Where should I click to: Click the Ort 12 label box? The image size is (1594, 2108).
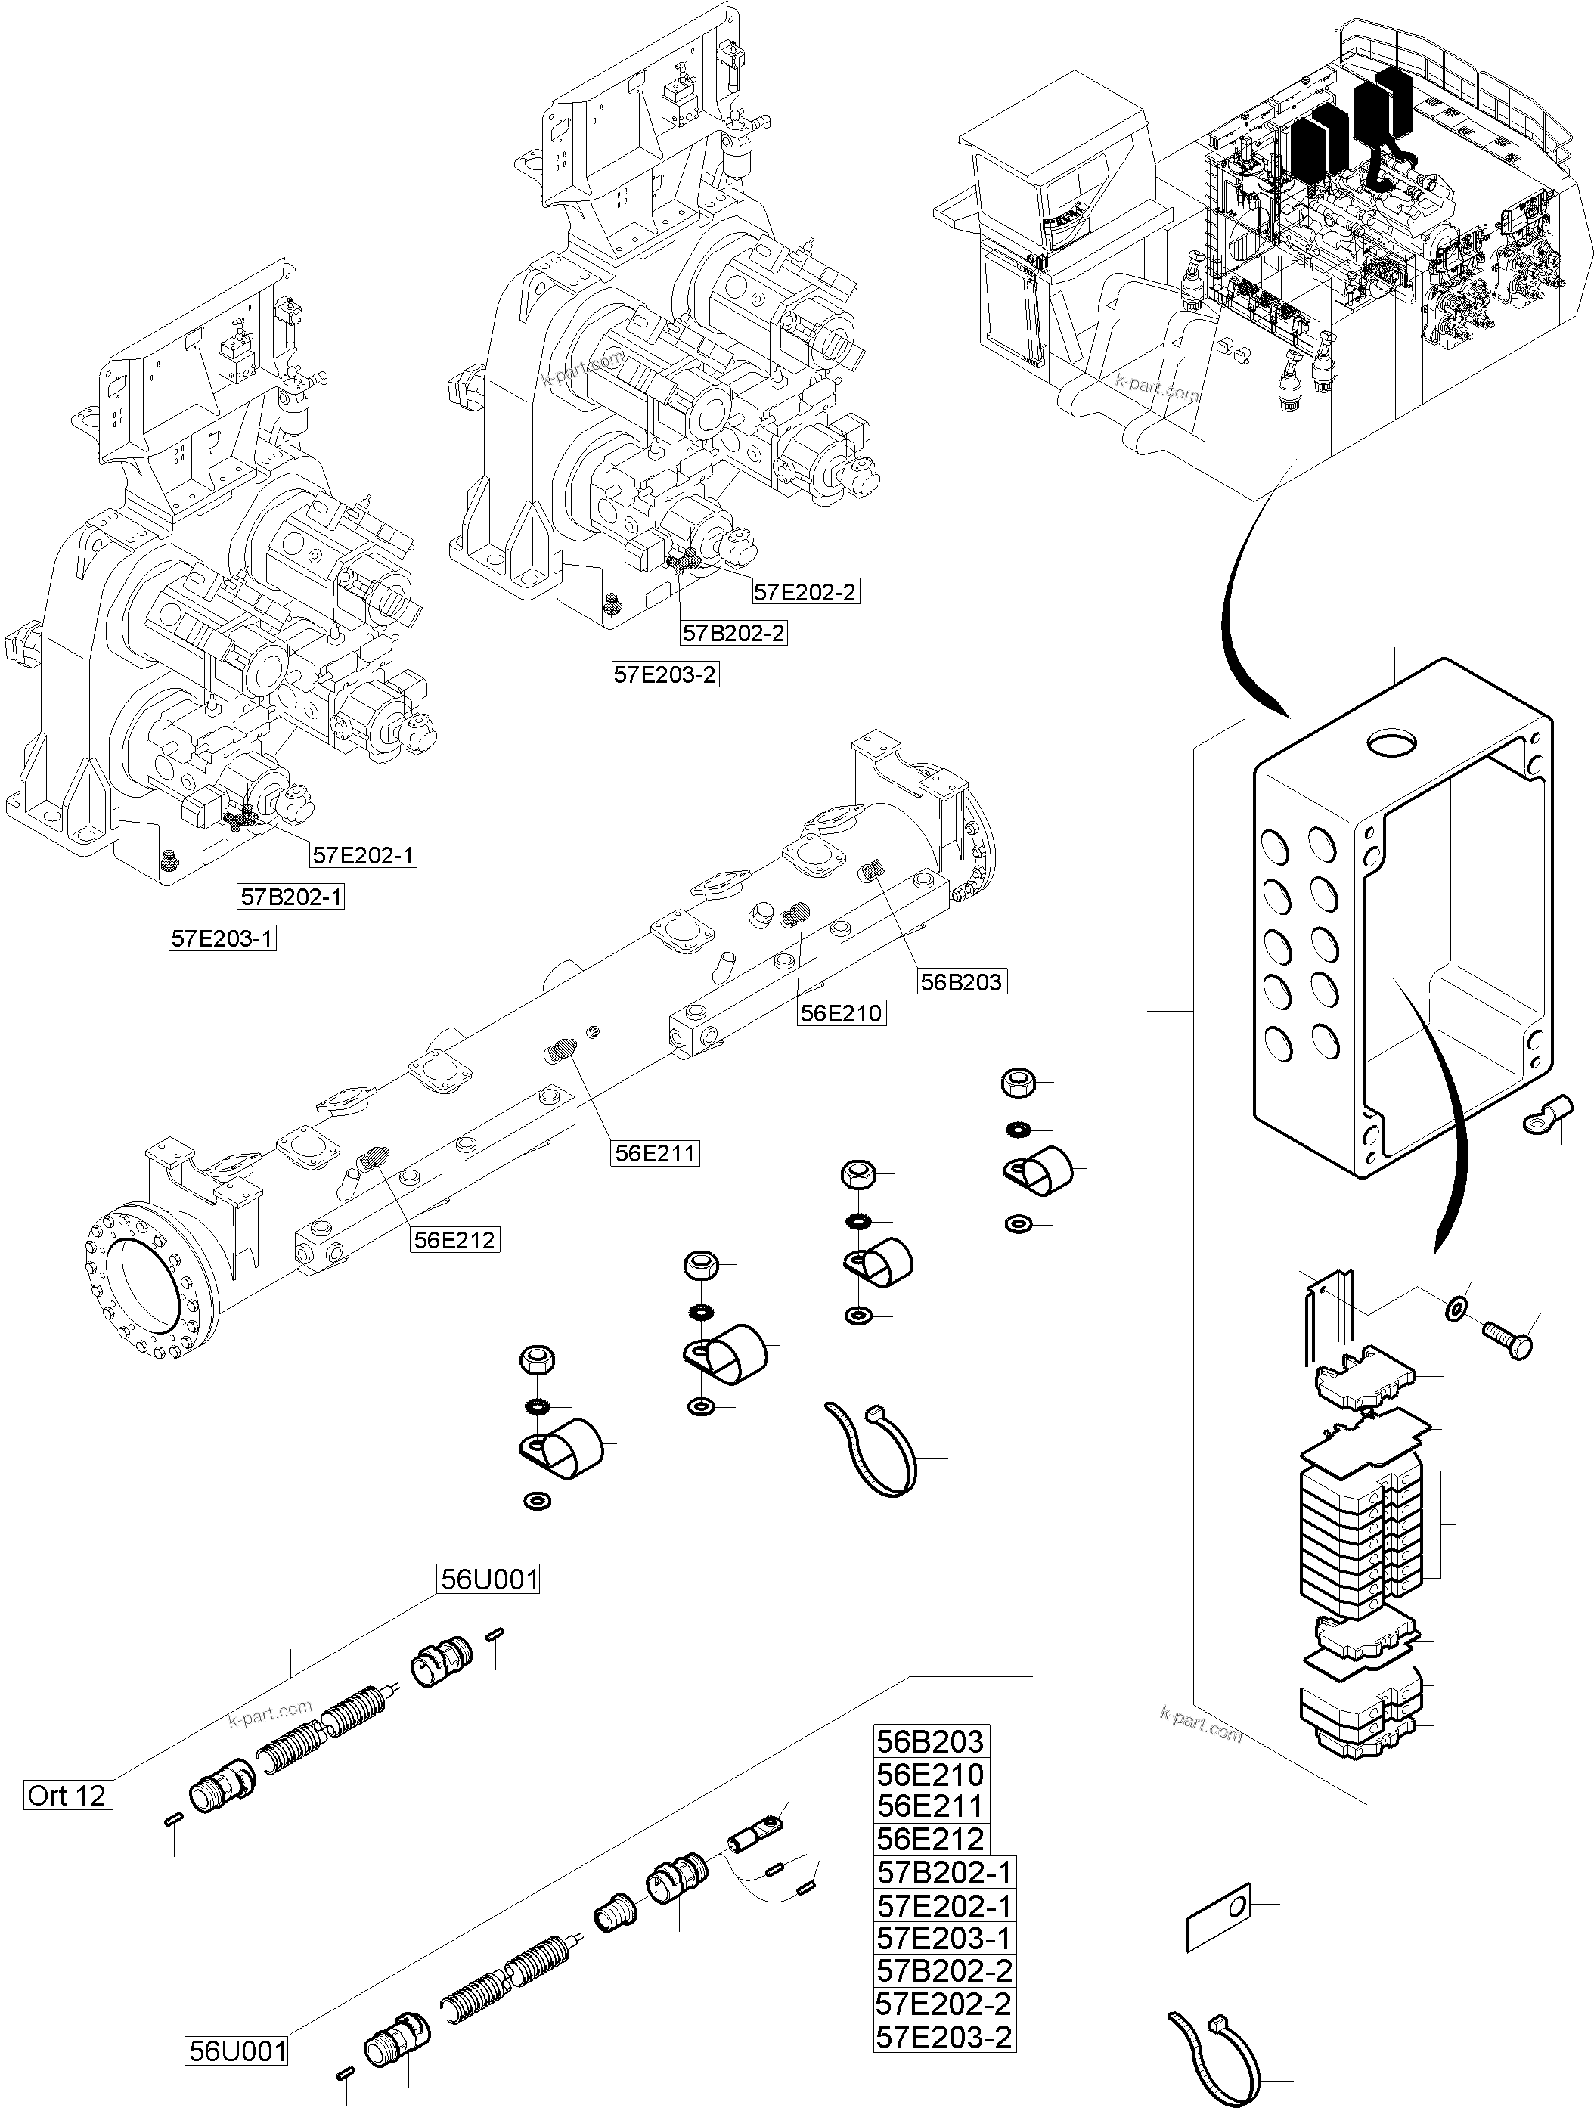67,1796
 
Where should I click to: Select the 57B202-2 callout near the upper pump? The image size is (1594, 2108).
733,633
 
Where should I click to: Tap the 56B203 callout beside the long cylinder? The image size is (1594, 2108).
962,981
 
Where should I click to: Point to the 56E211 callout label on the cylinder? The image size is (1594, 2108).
656,1153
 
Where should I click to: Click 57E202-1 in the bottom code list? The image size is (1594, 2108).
944,1906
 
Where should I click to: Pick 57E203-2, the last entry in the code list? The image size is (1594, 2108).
944,2038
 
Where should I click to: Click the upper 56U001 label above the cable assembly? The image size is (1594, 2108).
488,1580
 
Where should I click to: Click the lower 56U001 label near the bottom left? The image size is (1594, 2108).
237,2051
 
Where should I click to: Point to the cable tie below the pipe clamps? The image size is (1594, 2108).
873,1456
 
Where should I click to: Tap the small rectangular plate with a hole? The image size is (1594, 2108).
1217,1917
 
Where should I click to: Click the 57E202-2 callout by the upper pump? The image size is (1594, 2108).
805,592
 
